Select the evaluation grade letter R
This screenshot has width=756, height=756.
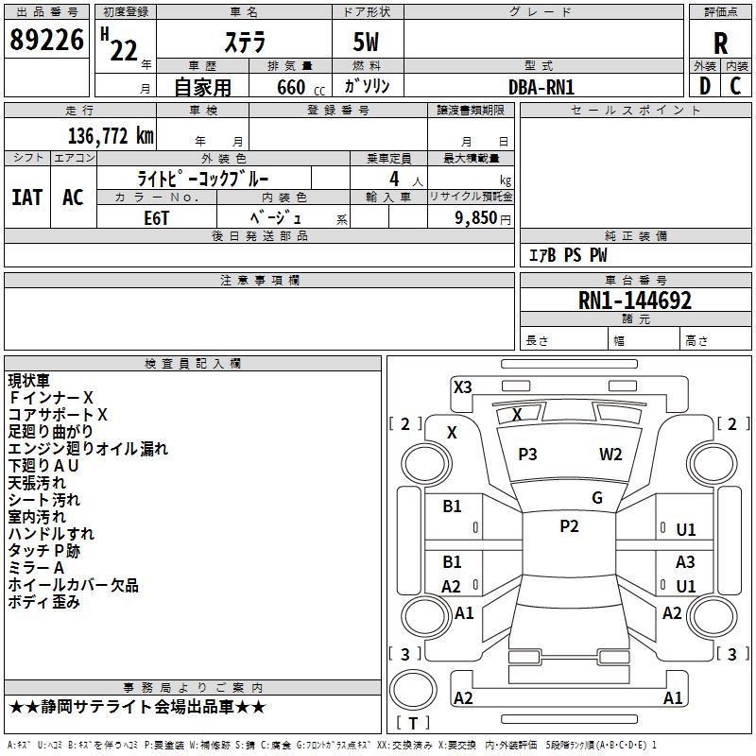coord(720,43)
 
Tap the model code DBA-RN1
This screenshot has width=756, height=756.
coord(541,87)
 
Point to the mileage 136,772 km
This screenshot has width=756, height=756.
coord(111,136)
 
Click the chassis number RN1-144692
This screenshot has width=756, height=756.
coord(635,301)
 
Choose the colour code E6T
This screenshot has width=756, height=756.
coord(157,216)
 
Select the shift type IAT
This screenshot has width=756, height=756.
coord(26,197)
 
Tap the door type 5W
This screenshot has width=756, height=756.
coord(368,43)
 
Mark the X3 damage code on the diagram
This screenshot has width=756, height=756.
coord(462,387)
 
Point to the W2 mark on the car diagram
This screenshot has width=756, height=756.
coord(610,455)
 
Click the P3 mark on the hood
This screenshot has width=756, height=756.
coord(527,455)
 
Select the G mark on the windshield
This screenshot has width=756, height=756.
coord(596,498)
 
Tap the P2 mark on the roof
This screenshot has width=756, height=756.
coord(569,526)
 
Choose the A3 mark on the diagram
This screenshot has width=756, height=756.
coord(685,562)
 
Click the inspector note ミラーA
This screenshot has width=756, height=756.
coord(36,568)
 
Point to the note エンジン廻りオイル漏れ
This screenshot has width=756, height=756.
coord(88,449)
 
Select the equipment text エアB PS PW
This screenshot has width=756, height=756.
coord(567,255)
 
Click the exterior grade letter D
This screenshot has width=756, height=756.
coord(704,86)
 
